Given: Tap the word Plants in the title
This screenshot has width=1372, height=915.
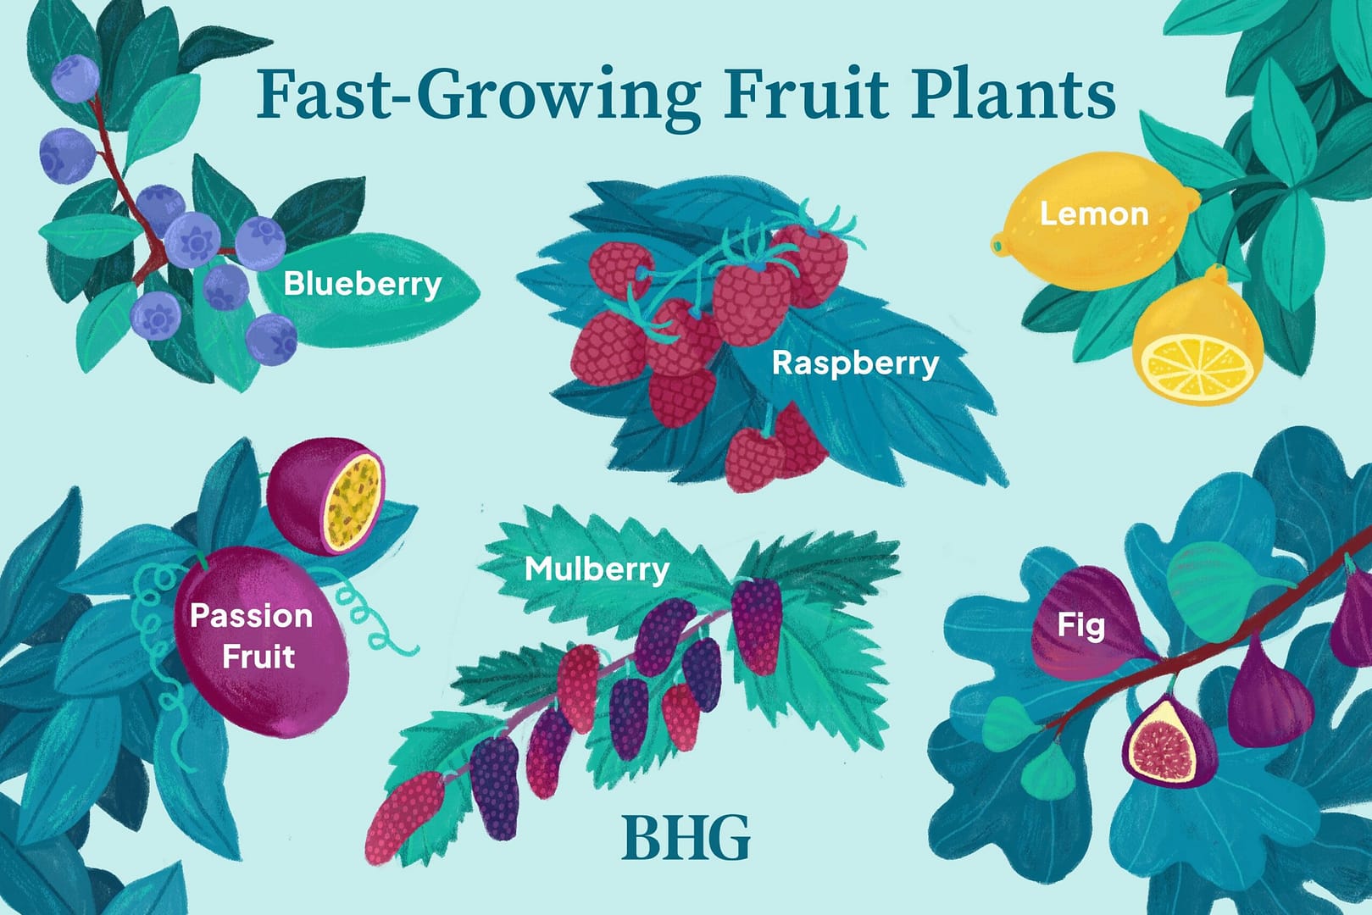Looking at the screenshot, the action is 1013,95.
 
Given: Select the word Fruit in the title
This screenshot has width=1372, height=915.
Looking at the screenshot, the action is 805,95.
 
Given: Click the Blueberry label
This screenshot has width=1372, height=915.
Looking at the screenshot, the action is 363,284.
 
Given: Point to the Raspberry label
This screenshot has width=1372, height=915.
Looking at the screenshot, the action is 856,363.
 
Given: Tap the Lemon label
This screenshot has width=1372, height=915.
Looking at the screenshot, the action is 1094,213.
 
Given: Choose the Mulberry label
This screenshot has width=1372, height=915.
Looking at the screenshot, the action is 597,569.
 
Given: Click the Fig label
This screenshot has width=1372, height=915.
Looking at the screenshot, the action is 1081,627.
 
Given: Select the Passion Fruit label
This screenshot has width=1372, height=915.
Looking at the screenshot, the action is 251,635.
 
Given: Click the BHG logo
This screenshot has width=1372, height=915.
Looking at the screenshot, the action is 686,838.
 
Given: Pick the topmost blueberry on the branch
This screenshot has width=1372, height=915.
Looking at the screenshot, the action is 75,79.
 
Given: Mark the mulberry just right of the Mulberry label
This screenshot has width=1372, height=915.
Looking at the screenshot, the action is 758,626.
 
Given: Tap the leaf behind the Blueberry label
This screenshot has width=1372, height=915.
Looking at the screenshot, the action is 368,289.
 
